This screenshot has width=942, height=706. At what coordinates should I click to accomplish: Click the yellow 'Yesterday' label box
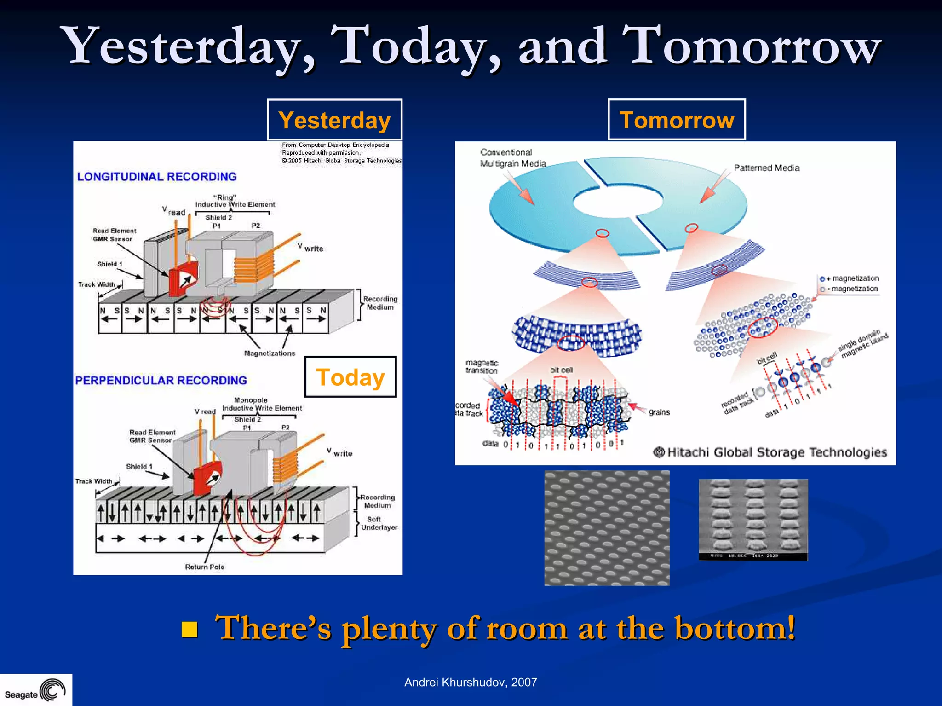click(x=334, y=120)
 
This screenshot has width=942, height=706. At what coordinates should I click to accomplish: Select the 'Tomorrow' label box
click(x=677, y=120)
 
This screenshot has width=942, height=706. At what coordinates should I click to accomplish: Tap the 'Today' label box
click(x=350, y=377)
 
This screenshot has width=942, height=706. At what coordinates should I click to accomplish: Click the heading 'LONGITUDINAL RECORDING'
click(x=157, y=177)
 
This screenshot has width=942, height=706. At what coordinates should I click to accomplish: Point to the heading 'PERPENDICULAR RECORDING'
click(x=161, y=381)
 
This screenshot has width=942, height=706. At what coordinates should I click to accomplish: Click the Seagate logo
click(x=35, y=690)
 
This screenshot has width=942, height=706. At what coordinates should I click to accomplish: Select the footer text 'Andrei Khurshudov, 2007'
click(x=471, y=682)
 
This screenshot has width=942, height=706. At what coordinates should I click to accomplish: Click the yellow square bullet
click(x=190, y=629)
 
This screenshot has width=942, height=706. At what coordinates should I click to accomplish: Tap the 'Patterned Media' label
click(x=766, y=168)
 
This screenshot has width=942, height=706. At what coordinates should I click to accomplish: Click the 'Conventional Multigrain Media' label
click(x=512, y=158)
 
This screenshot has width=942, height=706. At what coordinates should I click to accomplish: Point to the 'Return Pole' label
click(x=205, y=567)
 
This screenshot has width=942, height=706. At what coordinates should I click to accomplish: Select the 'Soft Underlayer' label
click(x=379, y=523)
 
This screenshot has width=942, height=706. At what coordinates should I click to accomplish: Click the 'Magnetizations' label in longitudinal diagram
click(x=270, y=353)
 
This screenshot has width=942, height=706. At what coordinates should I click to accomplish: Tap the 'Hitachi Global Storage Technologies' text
click(x=776, y=452)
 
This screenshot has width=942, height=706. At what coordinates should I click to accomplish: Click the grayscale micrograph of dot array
click(x=607, y=528)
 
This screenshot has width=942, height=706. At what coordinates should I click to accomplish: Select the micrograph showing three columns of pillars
click(x=753, y=519)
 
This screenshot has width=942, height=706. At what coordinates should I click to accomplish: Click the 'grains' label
click(x=659, y=412)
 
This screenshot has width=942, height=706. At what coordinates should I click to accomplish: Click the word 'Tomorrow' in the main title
click(x=751, y=46)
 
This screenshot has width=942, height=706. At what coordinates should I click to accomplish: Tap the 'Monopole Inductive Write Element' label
click(x=262, y=404)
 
